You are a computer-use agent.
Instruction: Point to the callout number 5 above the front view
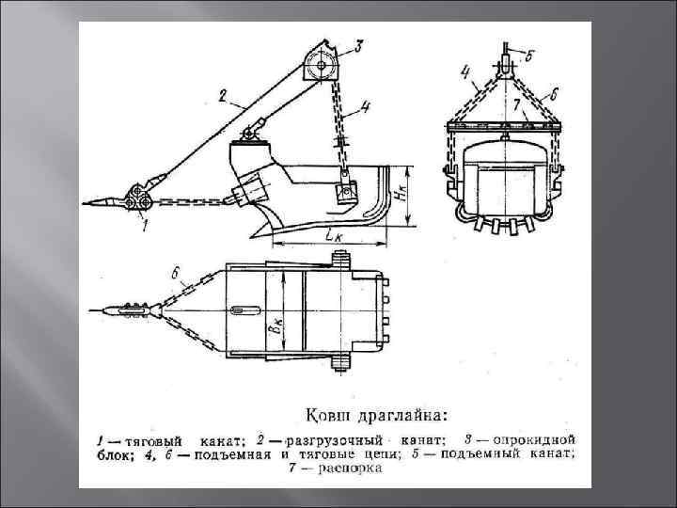click(x=530, y=56)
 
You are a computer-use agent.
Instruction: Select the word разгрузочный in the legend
click(x=338, y=440)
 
